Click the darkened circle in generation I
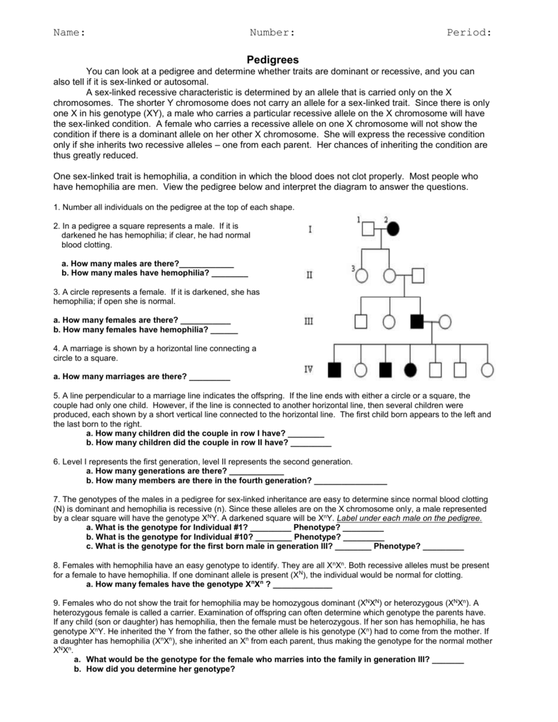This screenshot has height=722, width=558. click(392, 228)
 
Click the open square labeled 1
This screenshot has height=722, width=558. click(367, 228)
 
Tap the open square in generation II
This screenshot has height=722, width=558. click(418, 275)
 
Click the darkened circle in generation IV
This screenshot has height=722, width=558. click(410, 369)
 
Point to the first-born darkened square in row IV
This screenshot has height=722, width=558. click(334, 369)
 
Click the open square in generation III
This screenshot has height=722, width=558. click(360, 322)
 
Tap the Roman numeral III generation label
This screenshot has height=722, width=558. click(308, 322)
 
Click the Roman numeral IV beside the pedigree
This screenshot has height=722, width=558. click(308, 369)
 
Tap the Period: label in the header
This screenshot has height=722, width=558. click(469, 32)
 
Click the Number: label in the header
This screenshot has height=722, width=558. click(272, 32)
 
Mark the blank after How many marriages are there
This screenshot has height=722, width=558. click(210, 376)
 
